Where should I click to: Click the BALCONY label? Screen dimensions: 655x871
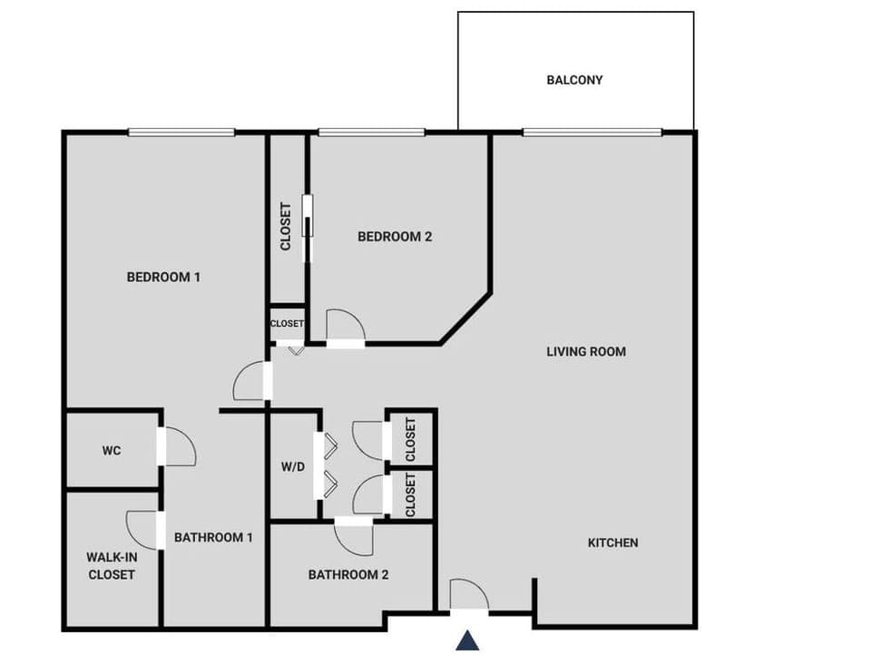(x=574, y=80)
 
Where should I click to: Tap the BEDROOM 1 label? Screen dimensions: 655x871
(x=163, y=277)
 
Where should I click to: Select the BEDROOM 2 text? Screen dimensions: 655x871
(x=395, y=237)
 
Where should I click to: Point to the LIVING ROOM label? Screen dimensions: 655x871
(x=586, y=351)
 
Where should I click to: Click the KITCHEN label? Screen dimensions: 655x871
(x=613, y=543)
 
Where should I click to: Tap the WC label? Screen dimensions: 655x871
(x=112, y=450)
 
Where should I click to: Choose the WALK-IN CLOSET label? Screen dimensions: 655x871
(x=112, y=565)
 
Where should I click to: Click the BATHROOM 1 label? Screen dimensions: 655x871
(x=213, y=537)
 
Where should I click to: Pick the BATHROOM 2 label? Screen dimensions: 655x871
(x=348, y=574)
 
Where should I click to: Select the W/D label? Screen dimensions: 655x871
(x=293, y=468)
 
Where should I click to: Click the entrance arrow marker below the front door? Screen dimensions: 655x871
(x=467, y=640)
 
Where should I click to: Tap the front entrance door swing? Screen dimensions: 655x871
(x=470, y=595)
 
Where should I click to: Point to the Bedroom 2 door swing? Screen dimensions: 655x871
(x=345, y=325)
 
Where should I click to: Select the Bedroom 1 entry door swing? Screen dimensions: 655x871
(x=250, y=381)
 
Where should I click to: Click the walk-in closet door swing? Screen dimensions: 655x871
(x=143, y=529)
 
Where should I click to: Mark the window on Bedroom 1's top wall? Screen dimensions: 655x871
(x=181, y=132)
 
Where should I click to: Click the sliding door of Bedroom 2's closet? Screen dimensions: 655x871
(x=308, y=228)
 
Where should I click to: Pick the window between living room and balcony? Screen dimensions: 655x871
(x=592, y=132)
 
